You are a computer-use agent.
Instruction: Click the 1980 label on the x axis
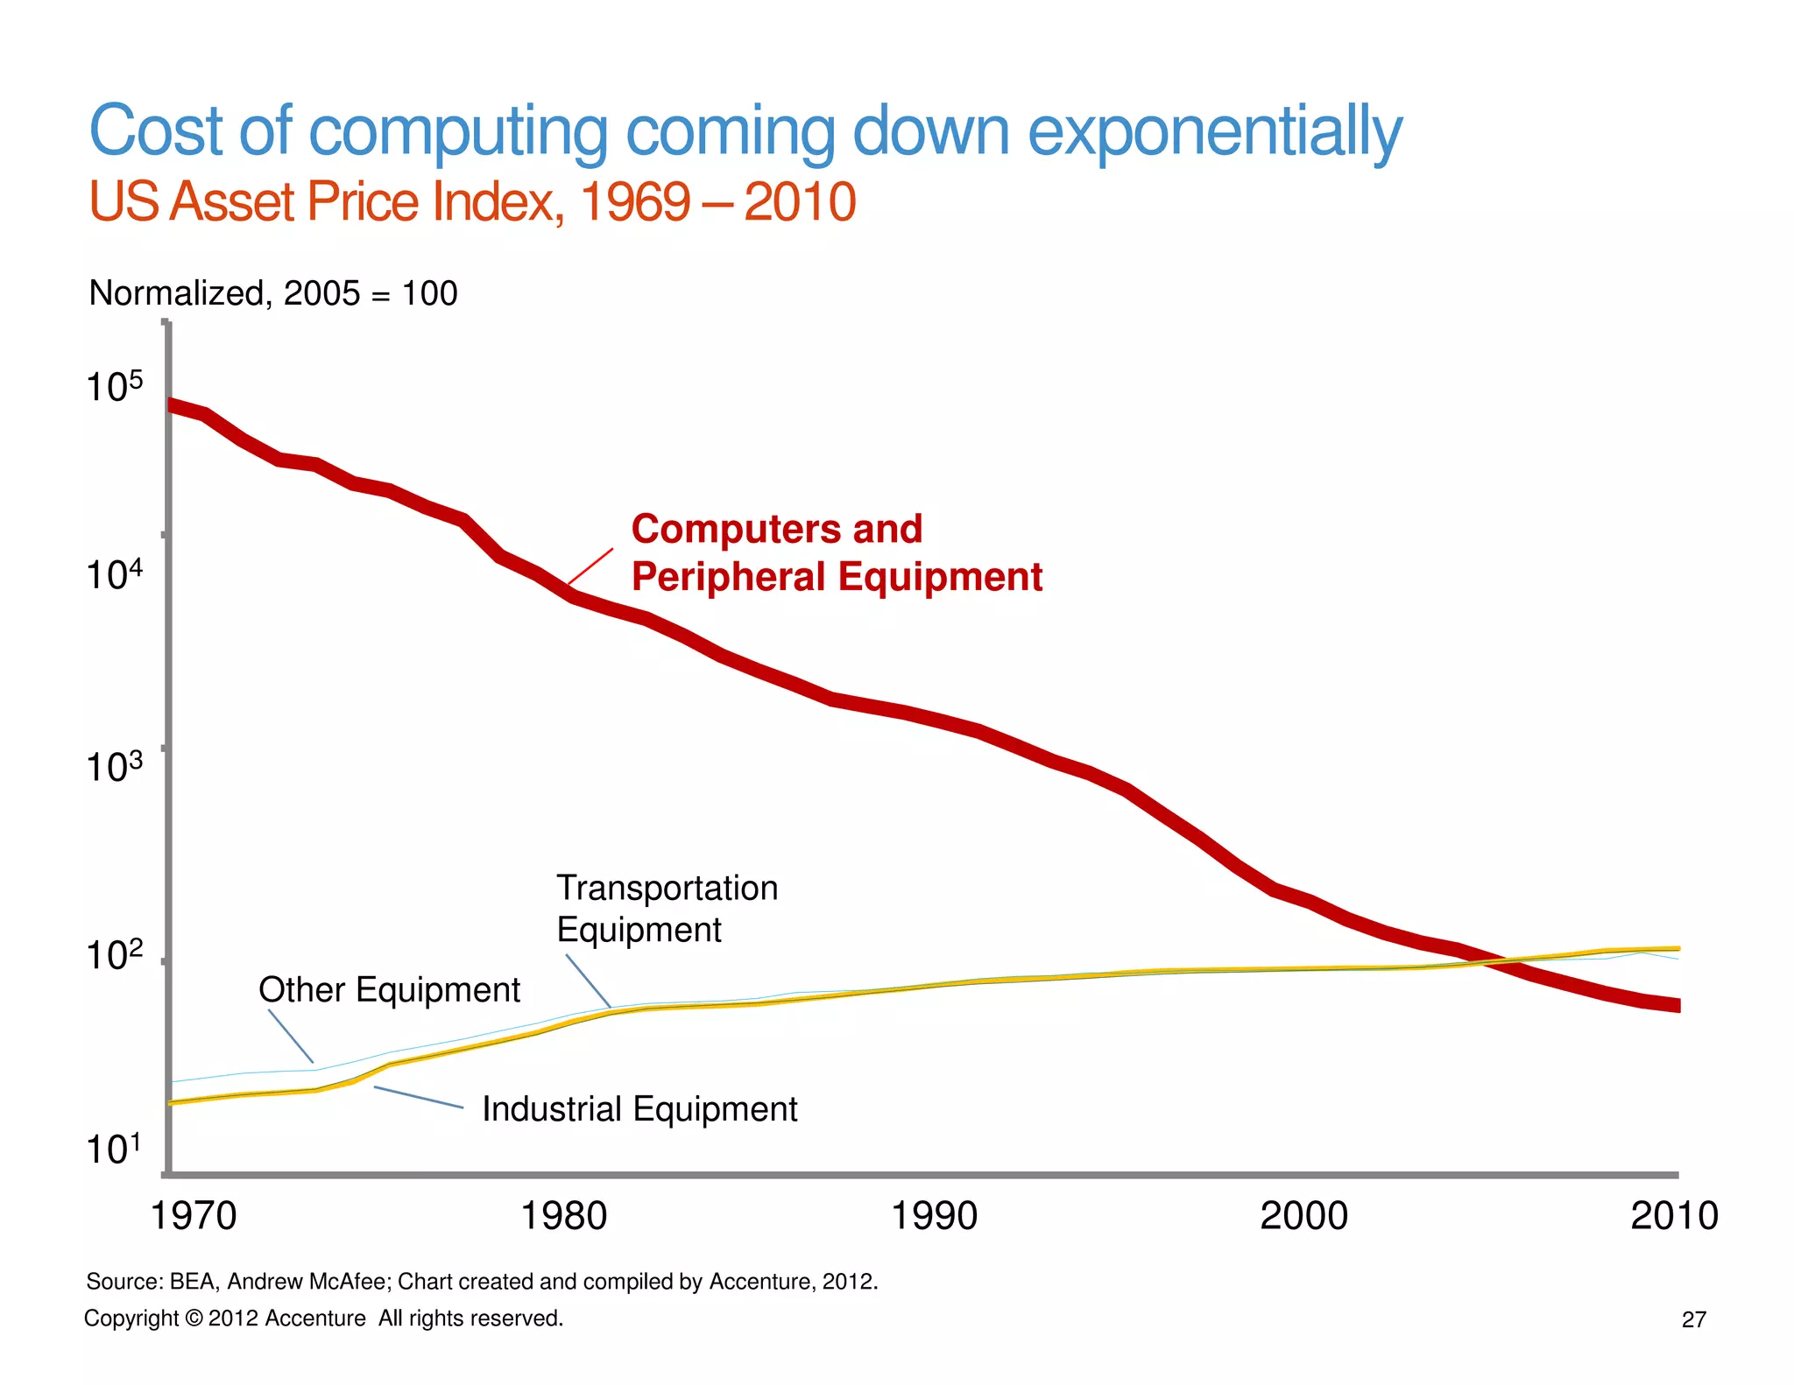(563, 1215)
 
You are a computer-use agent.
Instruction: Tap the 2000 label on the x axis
(1303, 1215)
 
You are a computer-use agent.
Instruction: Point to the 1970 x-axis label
(194, 1215)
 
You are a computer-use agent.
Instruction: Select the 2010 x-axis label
(1673, 1215)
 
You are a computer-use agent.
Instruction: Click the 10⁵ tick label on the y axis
(114, 386)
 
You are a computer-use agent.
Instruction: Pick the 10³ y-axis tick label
(114, 767)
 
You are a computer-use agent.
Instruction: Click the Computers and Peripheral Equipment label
(837, 552)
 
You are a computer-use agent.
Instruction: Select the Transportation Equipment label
(667, 908)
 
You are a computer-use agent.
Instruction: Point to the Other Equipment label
(389, 989)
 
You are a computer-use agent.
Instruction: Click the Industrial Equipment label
(639, 1108)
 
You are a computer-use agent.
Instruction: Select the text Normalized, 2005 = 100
(273, 292)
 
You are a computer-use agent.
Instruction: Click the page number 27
(1693, 1319)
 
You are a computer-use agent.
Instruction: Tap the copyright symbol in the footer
(194, 1318)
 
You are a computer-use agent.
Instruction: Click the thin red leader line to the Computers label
(590, 566)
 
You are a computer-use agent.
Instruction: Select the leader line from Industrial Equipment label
(419, 1098)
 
